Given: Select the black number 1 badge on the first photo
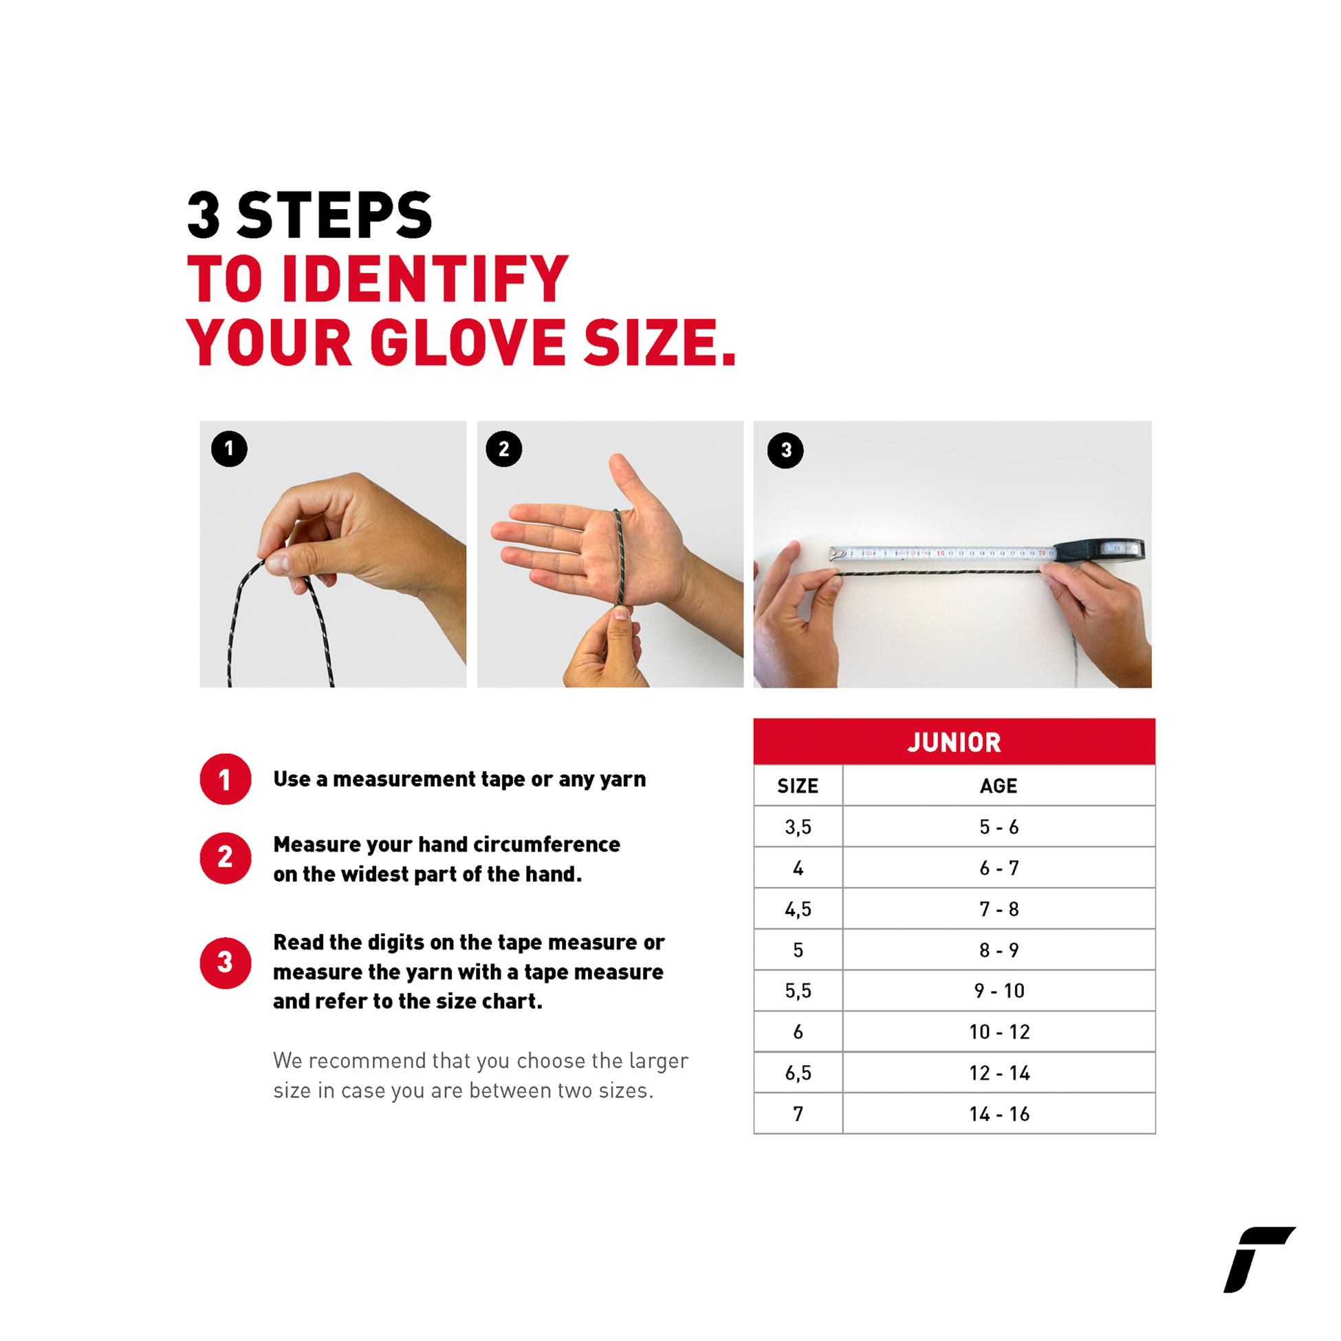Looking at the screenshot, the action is (x=229, y=449).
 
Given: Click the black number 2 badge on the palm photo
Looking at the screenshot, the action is (x=504, y=449).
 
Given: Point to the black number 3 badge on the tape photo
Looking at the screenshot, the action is (x=786, y=450).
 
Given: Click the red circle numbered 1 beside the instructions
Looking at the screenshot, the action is (x=226, y=779).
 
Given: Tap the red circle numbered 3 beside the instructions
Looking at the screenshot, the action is (x=226, y=963).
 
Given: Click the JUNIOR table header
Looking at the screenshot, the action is (x=955, y=742).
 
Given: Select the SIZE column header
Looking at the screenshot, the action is (x=798, y=786).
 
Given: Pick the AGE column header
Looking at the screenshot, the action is (x=999, y=786).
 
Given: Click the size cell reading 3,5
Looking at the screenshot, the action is (x=798, y=827).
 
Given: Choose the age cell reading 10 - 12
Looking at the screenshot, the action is (x=999, y=1032).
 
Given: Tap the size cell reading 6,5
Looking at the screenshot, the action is (x=798, y=1072).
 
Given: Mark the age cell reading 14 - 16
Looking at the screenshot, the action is (x=999, y=1114).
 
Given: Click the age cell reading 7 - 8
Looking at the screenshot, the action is (x=999, y=908).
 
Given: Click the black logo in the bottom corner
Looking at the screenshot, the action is (x=1258, y=1259).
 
